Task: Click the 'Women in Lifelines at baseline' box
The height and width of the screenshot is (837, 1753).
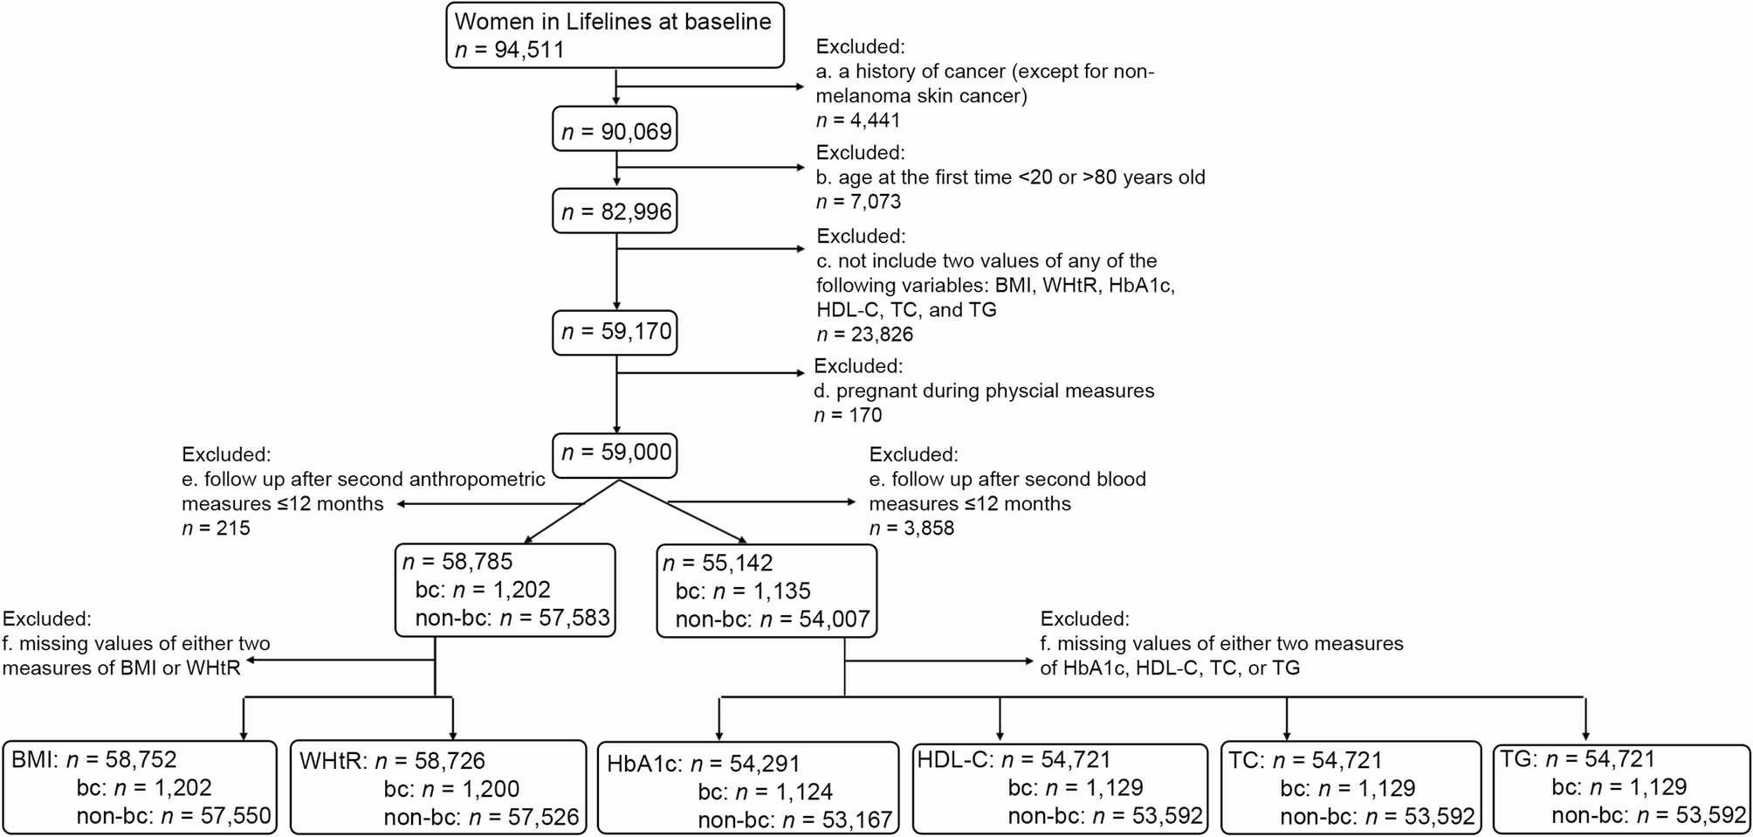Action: point(614,35)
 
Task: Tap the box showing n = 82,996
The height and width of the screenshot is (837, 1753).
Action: point(615,212)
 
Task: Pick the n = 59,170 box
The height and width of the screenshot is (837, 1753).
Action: point(615,332)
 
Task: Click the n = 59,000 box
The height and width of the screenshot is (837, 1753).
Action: point(615,453)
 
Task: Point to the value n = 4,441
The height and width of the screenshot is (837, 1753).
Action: point(857,121)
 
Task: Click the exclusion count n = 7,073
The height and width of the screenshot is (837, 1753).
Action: point(857,202)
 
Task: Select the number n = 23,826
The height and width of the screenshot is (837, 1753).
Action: point(864,335)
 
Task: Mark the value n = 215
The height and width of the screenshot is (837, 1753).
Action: point(216,528)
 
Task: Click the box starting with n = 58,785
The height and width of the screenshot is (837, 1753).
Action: point(505,591)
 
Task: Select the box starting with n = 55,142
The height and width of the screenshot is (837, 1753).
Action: point(766,591)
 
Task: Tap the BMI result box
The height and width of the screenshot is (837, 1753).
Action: point(140,787)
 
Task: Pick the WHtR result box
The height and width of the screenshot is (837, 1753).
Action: point(437,787)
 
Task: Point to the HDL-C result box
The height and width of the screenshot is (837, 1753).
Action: point(1058,787)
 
